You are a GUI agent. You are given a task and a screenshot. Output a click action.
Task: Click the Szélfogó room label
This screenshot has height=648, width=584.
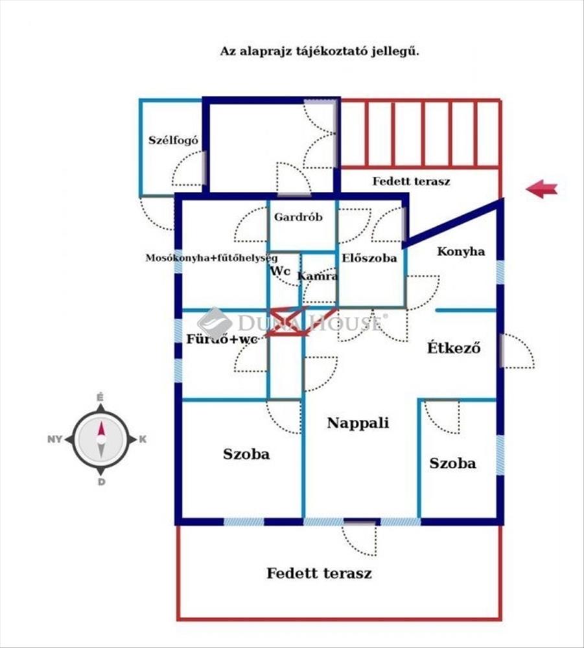pyautogui.click(x=173, y=140)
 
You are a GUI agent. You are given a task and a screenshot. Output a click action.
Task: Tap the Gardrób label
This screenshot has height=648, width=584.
pyautogui.click(x=298, y=217)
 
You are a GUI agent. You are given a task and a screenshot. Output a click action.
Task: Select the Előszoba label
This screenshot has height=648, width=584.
pyautogui.click(x=369, y=259)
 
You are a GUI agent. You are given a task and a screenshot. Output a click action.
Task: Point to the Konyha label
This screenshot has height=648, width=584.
pyautogui.click(x=461, y=251)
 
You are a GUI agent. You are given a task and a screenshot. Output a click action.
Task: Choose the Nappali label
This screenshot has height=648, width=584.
pyautogui.click(x=358, y=423)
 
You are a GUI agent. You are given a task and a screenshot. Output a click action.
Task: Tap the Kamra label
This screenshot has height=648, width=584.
pyautogui.click(x=318, y=276)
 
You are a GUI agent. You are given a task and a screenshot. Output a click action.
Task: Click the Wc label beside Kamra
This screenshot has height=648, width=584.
pyautogui.click(x=280, y=271)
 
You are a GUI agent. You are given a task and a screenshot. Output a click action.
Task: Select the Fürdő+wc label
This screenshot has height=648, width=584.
pyautogui.click(x=222, y=340)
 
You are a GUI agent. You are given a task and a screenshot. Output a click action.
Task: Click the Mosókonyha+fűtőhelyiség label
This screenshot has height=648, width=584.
pyautogui.click(x=211, y=259)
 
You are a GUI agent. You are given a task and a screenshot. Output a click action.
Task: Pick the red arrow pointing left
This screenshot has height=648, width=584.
pyautogui.click(x=541, y=189)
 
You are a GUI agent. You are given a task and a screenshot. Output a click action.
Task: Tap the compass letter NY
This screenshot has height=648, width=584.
pyautogui.click(x=54, y=439)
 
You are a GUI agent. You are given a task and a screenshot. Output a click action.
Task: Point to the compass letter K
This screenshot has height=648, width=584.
pyautogui.click(x=143, y=439)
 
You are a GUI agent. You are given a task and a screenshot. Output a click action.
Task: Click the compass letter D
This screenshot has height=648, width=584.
pyautogui.click(x=101, y=482)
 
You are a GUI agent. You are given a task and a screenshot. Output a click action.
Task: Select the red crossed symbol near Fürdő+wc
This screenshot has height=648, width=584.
pyautogui.click(x=286, y=321)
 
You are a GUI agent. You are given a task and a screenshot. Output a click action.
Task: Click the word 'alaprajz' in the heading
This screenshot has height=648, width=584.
pyautogui.click(x=264, y=52)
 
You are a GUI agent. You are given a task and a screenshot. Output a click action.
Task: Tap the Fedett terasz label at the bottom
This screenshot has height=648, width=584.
pyautogui.click(x=319, y=573)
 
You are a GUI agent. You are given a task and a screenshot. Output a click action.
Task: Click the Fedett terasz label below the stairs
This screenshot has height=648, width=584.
pyautogui.click(x=411, y=181)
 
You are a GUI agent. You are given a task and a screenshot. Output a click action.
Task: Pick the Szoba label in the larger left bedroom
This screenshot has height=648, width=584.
pyautogui.click(x=246, y=454)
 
